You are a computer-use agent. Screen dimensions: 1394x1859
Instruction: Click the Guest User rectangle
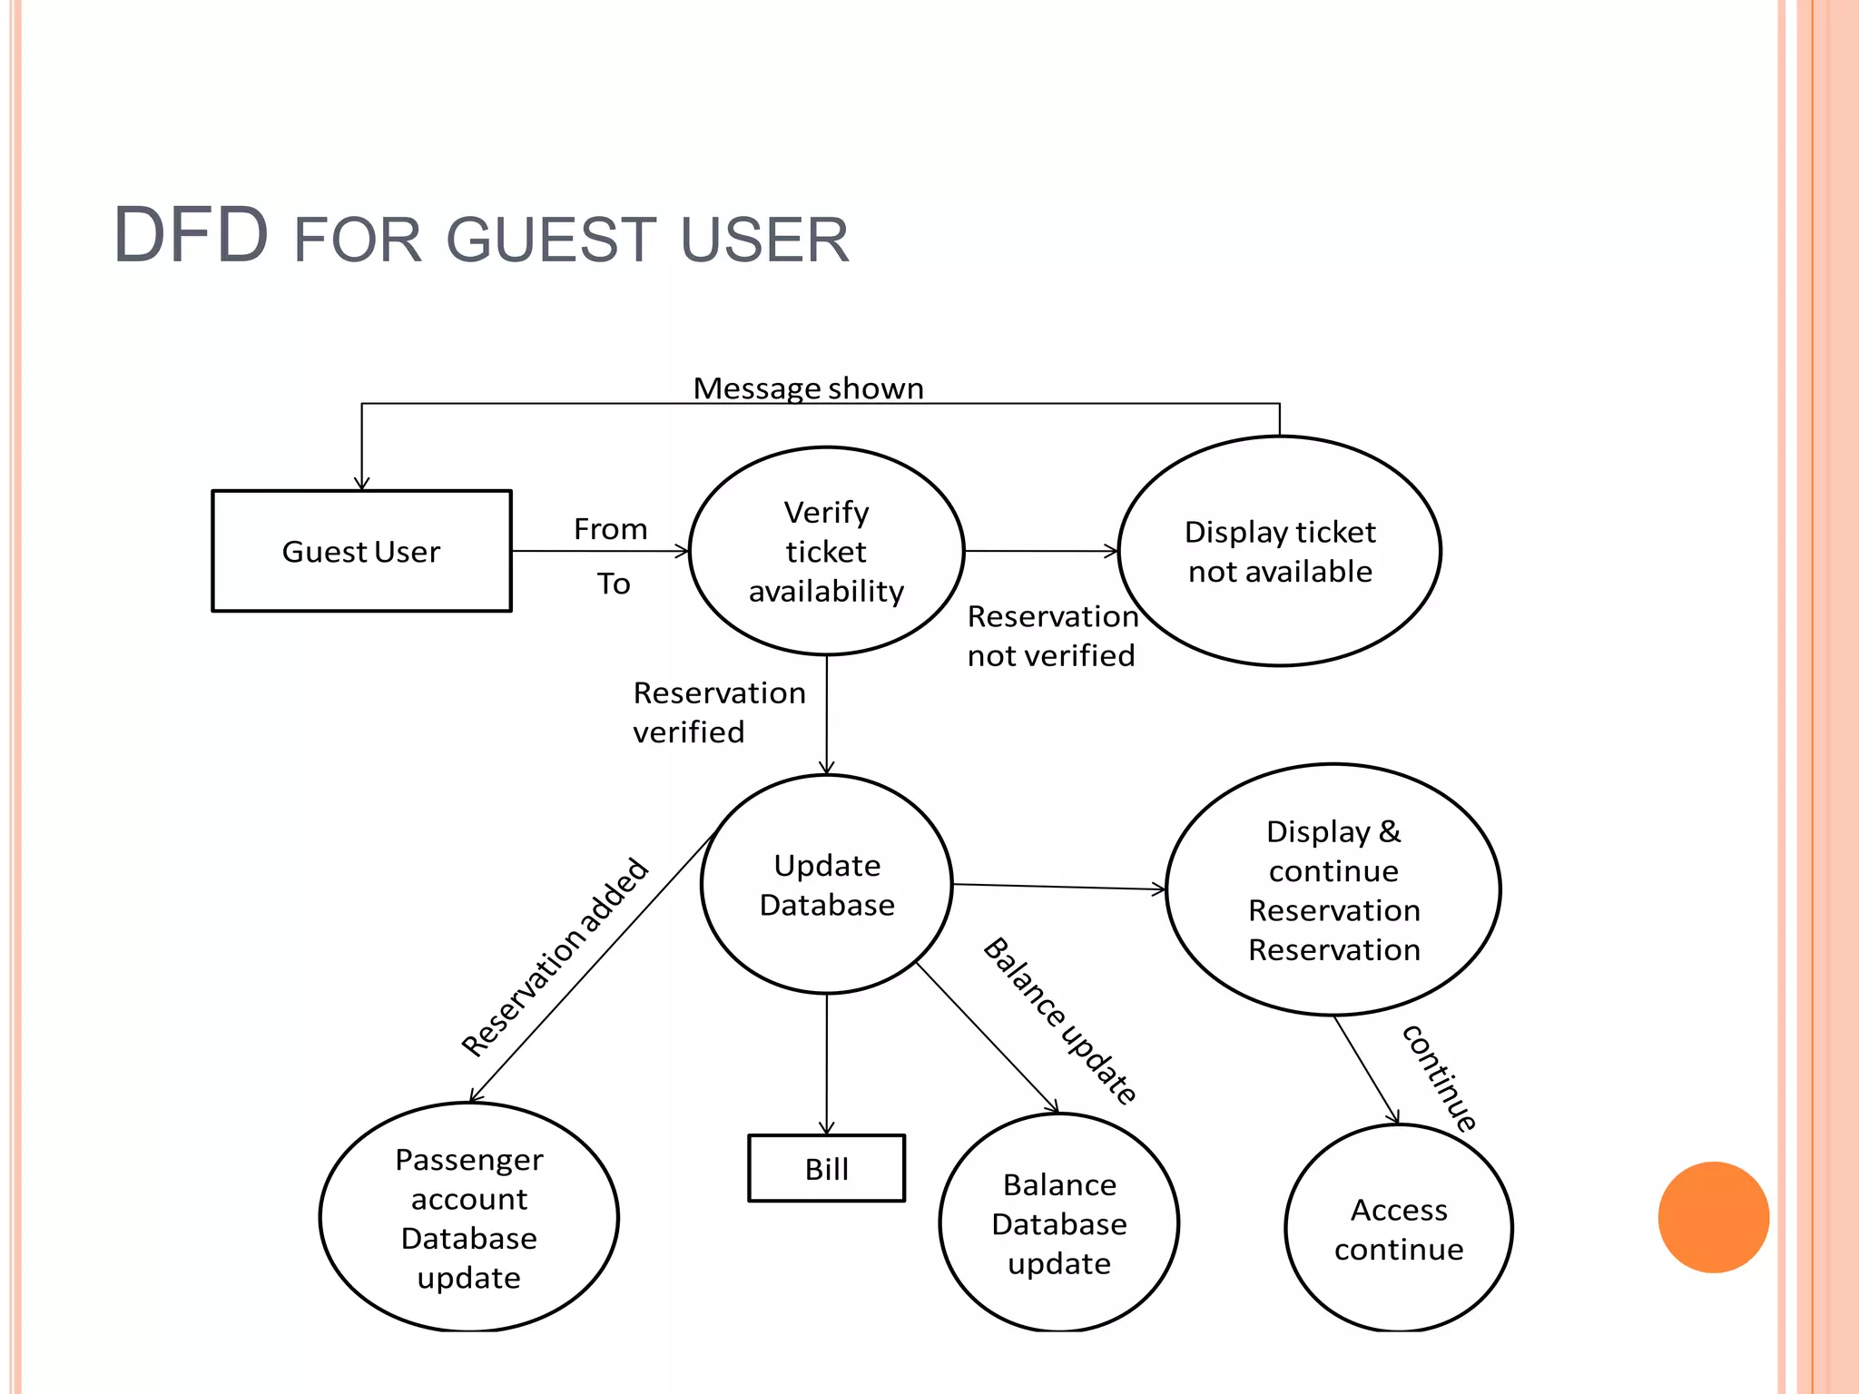pyautogui.click(x=361, y=551)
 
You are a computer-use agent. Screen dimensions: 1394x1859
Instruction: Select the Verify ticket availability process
pyautogui.click(x=826, y=551)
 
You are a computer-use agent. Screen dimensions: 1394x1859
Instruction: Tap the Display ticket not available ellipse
pyautogui.click(x=1280, y=551)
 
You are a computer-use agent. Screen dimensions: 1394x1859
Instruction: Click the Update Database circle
pyautogui.click(x=827, y=885)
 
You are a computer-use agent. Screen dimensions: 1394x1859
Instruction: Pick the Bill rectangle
pyautogui.click(x=826, y=1169)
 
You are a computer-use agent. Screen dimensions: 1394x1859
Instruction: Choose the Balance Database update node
pyautogui.click(x=1059, y=1223)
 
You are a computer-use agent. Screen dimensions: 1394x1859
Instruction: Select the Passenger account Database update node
pyautogui.click(x=469, y=1218)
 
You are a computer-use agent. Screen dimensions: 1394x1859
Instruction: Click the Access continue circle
pyautogui.click(x=1399, y=1229)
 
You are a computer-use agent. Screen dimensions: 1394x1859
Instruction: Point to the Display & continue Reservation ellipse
pyautogui.click(x=1333, y=889)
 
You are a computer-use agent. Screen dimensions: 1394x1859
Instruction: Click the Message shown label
pyautogui.click(x=808, y=388)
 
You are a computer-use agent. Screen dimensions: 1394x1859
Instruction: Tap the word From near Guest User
pyautogui.click(x=610, y=529)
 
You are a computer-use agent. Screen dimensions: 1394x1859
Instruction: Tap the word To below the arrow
pyautogui.click(x=614, y=584)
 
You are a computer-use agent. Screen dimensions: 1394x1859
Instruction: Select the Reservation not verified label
pyautogui.click(x=1051, y=635)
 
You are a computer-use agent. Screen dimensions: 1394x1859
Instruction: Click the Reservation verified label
pyautogui.click(x=718, y=712)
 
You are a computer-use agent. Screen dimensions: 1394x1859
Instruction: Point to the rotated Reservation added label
pyautogui.click(x=555, y=957)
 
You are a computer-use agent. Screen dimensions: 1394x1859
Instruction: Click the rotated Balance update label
pyautogui.click(x=1060, y=1021)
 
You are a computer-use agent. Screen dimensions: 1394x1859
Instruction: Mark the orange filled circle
pyautogui.click(x=1713, y=1217)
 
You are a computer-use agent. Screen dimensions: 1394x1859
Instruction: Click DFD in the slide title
pyautogui.click(x=191, y=235)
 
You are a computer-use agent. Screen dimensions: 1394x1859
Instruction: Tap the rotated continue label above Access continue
pyautogui.click(x=1440, y=1077)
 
